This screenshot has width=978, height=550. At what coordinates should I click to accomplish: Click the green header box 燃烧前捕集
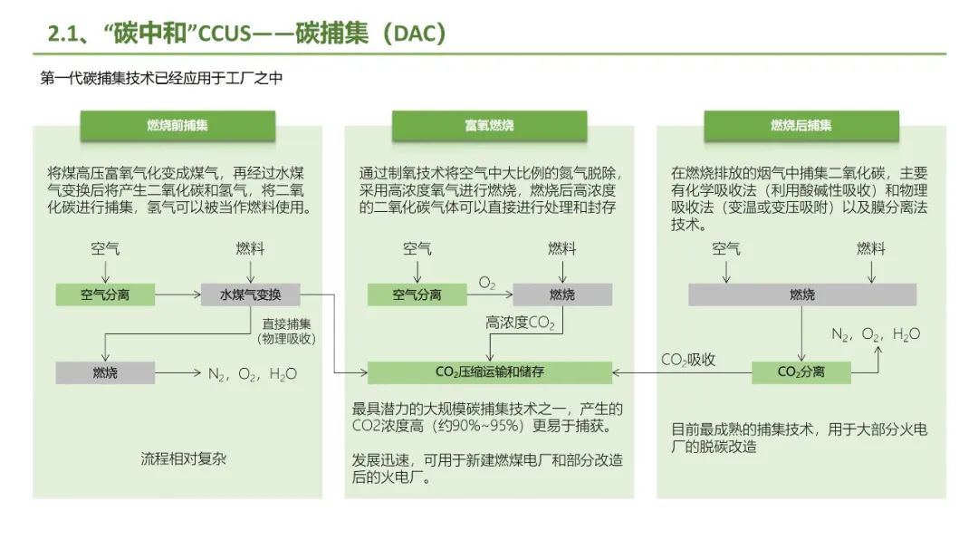tap(177, 126)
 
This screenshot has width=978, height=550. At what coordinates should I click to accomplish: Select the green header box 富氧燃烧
tap(489, 126)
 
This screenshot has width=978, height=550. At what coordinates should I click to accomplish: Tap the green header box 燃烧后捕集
tap(801, 126)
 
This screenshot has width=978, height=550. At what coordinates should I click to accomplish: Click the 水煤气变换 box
tap(251, 294)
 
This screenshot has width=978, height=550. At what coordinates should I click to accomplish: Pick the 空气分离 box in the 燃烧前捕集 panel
tap(105, 294)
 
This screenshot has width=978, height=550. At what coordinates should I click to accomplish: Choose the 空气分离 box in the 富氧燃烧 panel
tap(417, 294)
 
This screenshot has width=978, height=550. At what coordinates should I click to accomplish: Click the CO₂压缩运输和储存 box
tap(490, 371)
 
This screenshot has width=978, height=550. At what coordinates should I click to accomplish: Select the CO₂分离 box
tap(801, 371)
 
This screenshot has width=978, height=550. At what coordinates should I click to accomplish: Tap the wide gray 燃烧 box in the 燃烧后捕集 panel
tap(801, 294)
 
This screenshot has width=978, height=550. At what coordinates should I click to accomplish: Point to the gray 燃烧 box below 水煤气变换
tap(105, 372)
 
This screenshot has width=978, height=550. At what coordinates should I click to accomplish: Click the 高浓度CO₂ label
tap(520, 323)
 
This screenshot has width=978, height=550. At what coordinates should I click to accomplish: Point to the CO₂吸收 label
tap(688, 360)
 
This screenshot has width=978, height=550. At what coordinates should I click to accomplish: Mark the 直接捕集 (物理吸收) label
tap(287, 331)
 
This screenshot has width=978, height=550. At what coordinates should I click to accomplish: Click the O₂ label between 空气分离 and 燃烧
tap(487, 284)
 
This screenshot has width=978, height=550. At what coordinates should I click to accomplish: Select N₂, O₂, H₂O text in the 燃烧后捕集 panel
tap(876, 334)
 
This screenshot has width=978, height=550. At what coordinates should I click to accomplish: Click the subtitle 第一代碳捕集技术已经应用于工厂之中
tap(162, 79)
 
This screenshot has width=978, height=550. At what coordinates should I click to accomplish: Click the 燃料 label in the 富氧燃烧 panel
tap(561, 248)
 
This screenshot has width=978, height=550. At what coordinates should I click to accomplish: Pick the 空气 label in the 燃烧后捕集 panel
tap(726, 248)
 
